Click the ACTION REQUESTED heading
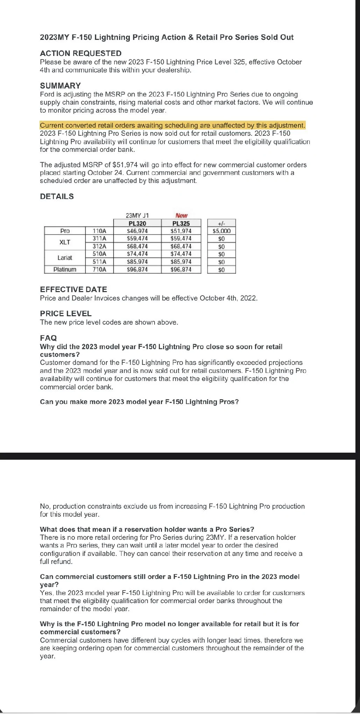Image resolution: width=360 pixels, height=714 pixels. tap(81, 54)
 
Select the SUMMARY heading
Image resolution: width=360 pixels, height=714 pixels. tap(60, 86)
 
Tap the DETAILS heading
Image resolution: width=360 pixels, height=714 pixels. tap(57, 197)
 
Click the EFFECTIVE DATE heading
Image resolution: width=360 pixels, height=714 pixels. tap(73, 290)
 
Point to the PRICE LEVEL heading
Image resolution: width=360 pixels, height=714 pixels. tap(66, 314)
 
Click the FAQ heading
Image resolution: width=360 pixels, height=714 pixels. tap(48, 338)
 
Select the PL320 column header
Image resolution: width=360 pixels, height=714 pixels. tap(137, 223)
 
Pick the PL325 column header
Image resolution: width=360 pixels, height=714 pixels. tap(181, 223)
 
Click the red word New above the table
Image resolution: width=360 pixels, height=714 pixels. tap(181, 215)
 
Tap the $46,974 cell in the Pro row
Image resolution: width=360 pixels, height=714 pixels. tap(137, 231)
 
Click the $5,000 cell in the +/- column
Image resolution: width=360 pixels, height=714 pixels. tap(221, 231)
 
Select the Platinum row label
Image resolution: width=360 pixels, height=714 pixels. tap(65, 269)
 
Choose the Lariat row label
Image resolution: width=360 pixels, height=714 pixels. tap(65, 258)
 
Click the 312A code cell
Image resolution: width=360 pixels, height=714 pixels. tap(99, 246)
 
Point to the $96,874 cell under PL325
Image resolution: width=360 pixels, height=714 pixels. tap(181, 269)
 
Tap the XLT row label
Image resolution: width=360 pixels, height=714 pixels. tap(65, 242)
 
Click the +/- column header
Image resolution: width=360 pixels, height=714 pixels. tap(221, 223)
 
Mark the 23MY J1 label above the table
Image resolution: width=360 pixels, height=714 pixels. tap(137, 215)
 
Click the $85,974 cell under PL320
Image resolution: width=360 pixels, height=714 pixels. tap(137, 262)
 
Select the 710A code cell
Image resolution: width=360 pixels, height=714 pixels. tap(99, 269)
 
